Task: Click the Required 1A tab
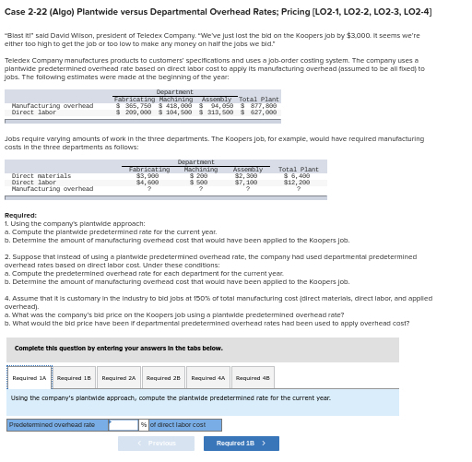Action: (29, 377)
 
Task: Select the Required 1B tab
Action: (74, 377)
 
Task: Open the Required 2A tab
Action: (119, 377)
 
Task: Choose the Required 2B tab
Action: (163, 377)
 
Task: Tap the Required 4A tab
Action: (208, 377)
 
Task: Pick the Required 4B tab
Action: (253, 377)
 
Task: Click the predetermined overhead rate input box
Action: (123, 425)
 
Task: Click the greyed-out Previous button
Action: (156, 444)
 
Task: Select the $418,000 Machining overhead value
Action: (175, 106)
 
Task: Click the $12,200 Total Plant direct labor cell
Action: (297, 182)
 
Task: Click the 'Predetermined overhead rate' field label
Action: (52, 425)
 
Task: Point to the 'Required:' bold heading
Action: (20, 215)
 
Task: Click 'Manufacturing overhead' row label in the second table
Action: (52, 188)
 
